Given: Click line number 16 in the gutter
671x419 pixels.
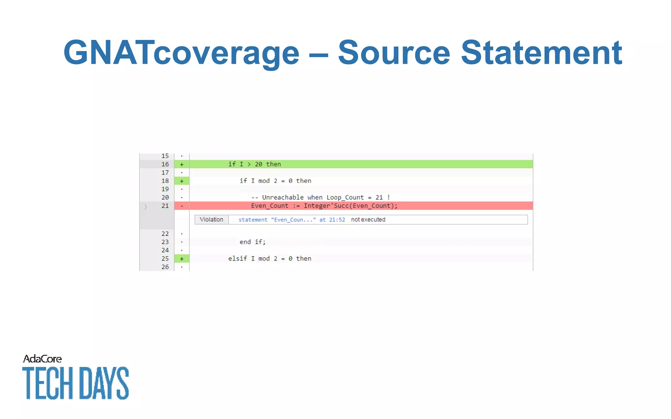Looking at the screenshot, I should coord(165,164).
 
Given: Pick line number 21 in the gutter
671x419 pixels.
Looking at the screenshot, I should coord(165,206).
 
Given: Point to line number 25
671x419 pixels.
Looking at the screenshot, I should coord(165,259).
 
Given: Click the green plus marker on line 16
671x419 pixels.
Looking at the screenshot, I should coord(182,164).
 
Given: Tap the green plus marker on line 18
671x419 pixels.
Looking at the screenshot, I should coord(182,181).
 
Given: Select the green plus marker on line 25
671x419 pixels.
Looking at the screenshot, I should coord(182,259).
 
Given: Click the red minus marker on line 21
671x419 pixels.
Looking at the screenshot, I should coord(182,206).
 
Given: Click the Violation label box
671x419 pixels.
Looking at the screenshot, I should coord(211,220).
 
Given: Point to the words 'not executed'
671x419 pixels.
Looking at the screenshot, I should coord(368,220).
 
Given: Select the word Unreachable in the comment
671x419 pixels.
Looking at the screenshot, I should coord(283,197).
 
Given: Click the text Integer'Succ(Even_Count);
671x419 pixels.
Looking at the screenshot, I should coord(350,206).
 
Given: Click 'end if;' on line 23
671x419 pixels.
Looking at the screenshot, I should coord(252,242).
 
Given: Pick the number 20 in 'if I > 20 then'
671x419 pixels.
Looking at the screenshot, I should coord(259,164).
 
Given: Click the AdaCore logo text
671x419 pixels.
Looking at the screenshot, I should coord(42,359).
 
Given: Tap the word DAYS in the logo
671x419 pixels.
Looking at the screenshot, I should coord(104,383).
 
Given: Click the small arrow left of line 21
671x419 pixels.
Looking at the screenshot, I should coord(145,207).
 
